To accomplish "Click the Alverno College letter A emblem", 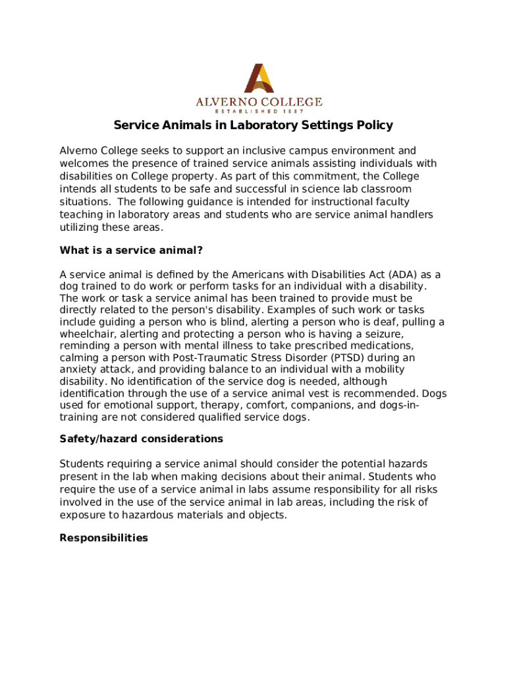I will (259, 78).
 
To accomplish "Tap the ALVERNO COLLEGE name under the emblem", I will (259, 102).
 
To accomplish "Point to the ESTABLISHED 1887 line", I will (259, 111).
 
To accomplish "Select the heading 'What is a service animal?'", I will (131, 250).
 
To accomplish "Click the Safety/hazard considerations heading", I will (141, 438).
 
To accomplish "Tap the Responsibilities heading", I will (103, 538).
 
